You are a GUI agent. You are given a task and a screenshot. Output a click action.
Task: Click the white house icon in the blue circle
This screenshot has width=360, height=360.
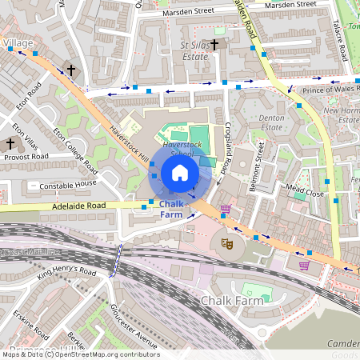click(x=180, y=173)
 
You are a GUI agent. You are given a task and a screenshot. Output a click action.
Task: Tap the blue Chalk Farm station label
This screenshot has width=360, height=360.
click(x=171, y=210)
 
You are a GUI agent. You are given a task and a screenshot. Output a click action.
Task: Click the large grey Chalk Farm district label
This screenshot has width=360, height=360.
click(x=232, y=301)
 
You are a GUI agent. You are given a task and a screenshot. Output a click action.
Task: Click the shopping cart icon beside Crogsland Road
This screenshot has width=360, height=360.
click(x=226, y=210)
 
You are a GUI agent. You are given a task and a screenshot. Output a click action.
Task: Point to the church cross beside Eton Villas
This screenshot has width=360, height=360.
click(x=10, y=144)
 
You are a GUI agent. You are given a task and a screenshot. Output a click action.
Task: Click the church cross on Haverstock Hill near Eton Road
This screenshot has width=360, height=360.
click(x=70, y=70)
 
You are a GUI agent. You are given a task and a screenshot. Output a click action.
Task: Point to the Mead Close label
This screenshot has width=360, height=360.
click(x=305, y=194)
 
